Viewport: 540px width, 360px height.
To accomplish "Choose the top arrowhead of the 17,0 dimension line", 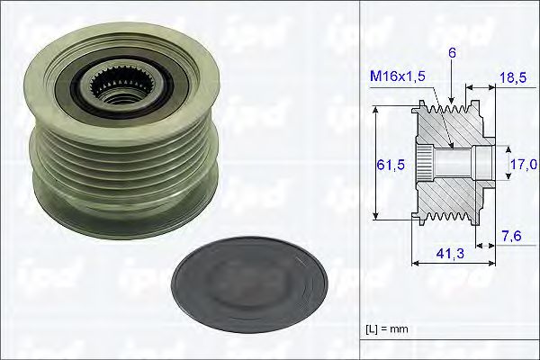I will (x=504, y=147).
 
